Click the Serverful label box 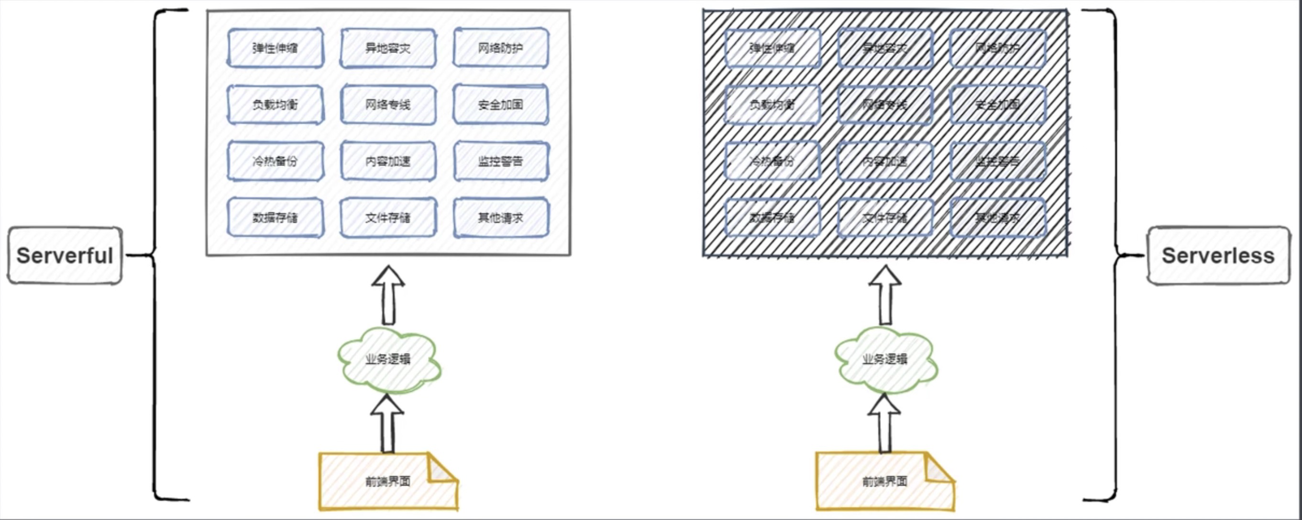point(65,255)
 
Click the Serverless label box point(1218,255)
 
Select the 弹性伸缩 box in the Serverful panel point(276,48)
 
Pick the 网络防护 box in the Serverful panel point(501,48)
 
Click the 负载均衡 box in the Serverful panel point(276,105)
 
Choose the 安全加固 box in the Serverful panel point(501,105)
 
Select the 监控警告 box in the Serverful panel point(501,161)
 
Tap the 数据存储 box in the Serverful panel point(276,218)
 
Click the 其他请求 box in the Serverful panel point(501,218)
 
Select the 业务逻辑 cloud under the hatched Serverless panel point(885,360)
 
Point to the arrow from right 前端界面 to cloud point(884,425)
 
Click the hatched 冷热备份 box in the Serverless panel point(772,161)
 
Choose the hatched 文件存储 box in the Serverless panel point(884,218)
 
